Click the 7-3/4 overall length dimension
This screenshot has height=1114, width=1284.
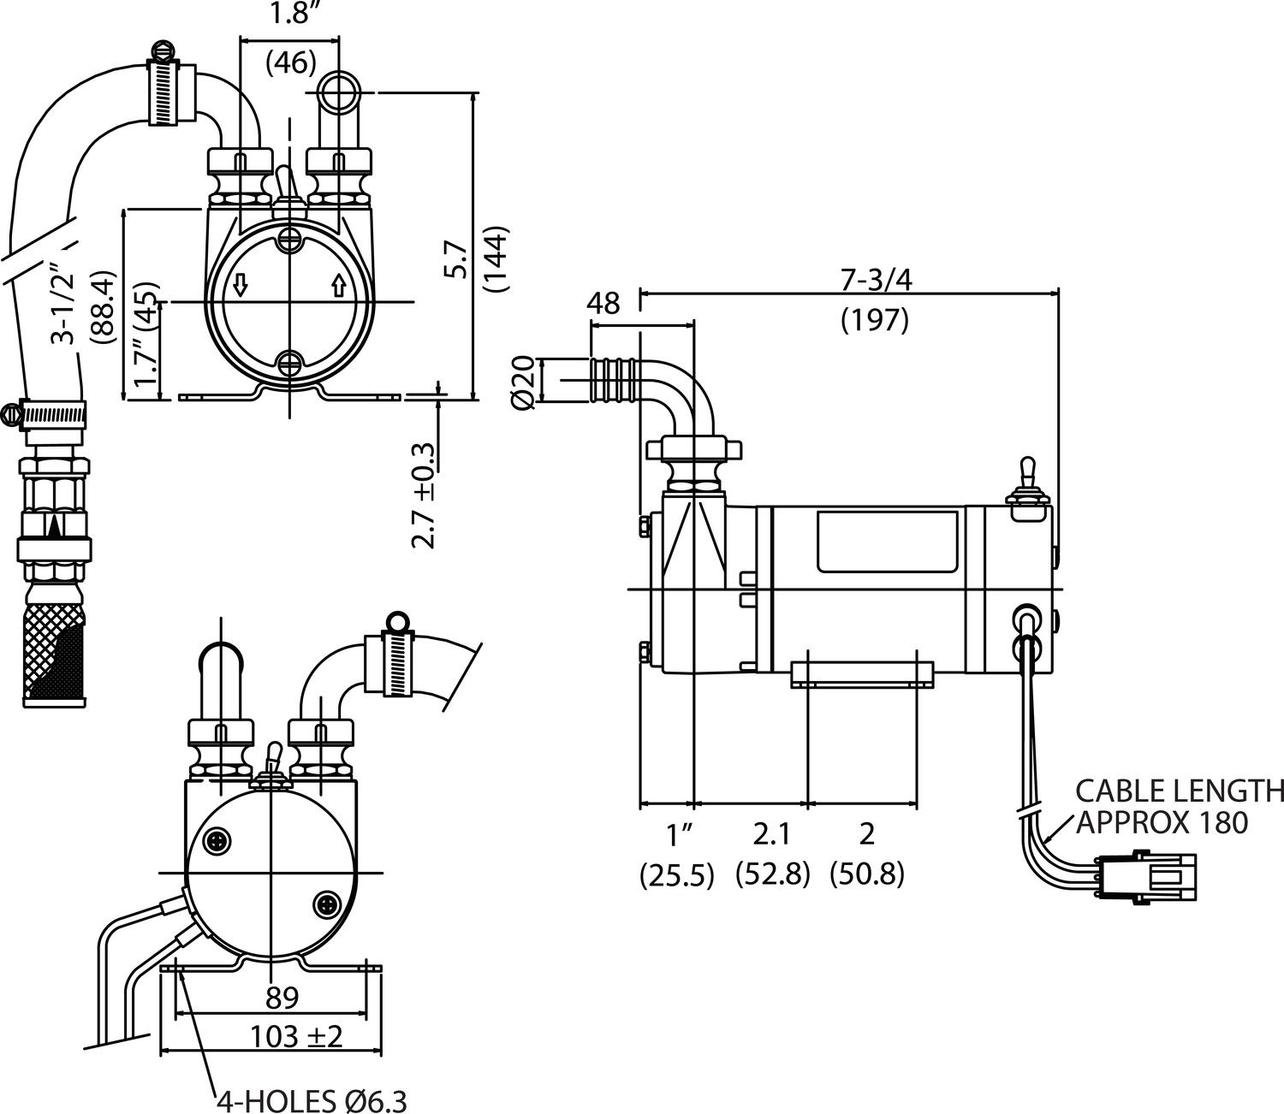click(x=876, y=281)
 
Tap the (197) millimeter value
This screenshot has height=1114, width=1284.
click(x=875, y=321)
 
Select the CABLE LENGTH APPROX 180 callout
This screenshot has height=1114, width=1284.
click(x=1179, y=807)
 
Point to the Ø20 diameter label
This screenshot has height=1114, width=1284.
click(x=522, y=382)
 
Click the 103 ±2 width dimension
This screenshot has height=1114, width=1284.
click(x=296, y=1036)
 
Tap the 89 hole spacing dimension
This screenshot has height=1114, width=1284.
click(x=281, y=998)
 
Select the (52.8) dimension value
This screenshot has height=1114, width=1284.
click(x=772, y=874)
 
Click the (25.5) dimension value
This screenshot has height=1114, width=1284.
click(x=676, y=874)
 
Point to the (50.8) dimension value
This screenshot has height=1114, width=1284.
click(x=866, y=874)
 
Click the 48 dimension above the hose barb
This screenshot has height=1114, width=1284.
click(x=603, y=303)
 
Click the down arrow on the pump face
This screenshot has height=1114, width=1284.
click(x=240, y=287)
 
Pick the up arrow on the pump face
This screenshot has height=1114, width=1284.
click(x=339, y=287)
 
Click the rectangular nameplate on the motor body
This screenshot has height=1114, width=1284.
click(x=888, y=542)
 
